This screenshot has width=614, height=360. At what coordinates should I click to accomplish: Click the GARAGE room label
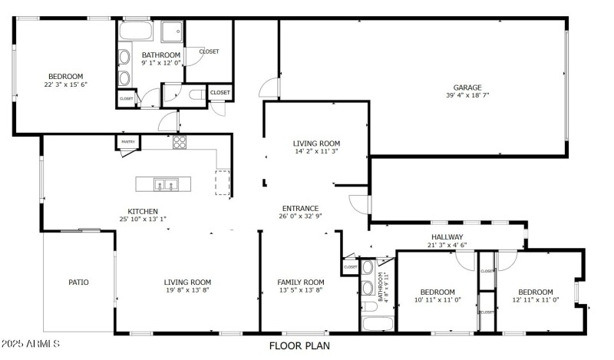click(467, 88)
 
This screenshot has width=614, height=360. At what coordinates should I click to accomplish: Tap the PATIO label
click(79, 282)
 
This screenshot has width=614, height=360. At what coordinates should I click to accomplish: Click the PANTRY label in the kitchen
click(127, 142)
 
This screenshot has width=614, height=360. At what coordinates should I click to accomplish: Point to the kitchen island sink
click(166, 184)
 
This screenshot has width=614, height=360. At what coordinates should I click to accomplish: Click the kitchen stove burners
click(180, 141)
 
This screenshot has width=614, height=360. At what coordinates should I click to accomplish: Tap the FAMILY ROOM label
click(301, 282)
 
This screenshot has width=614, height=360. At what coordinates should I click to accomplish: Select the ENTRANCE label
click(300, 208)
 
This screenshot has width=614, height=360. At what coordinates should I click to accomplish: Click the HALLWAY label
click(447, 237)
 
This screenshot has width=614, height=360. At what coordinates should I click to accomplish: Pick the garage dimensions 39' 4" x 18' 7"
click(467, 96)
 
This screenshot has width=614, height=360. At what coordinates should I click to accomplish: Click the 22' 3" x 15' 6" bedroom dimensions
click(66, 85)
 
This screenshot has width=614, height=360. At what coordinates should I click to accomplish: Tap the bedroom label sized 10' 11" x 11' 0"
click(437, 292)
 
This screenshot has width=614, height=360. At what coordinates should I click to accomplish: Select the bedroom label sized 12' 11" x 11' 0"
click(535, 292)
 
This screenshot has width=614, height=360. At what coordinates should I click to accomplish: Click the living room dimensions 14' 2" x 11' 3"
click(316, 152)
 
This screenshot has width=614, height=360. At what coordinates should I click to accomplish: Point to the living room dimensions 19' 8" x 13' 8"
click(187, 290)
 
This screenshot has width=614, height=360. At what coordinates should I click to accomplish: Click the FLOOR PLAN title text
click(299, 346)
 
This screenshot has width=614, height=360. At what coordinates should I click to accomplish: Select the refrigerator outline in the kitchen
click(223, 183)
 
